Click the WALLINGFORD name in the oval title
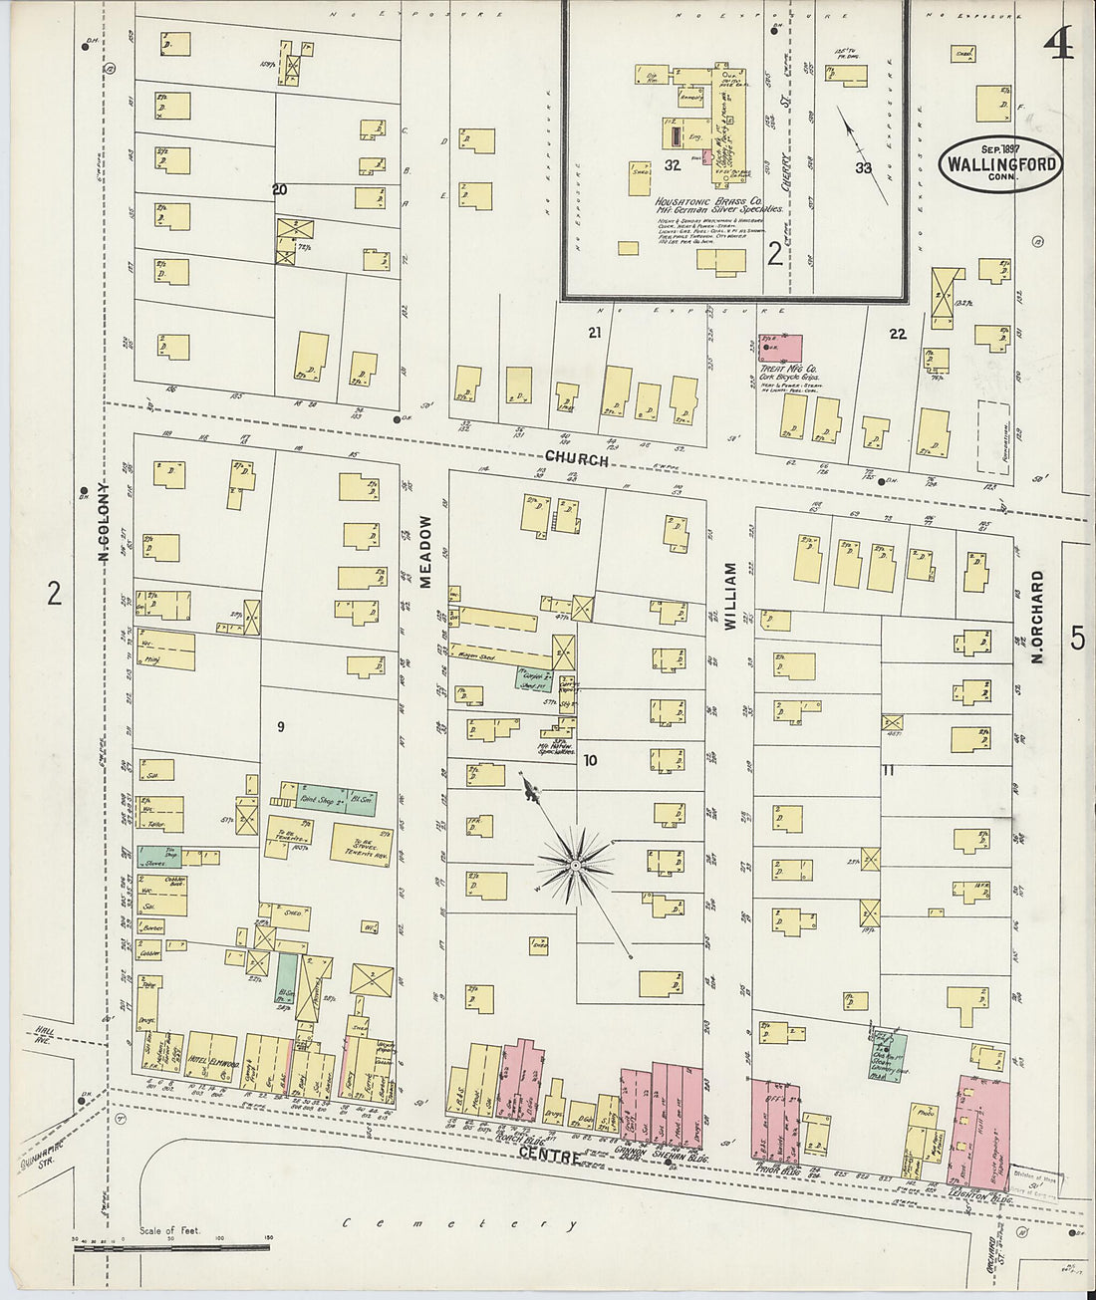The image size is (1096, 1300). [1000, 165]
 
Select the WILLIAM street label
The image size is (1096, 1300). [730, 596]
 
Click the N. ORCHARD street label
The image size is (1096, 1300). [1037, 617]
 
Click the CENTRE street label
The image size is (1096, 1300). [550, 1153]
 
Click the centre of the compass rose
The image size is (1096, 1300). [575, 866]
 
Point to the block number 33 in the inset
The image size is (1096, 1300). [863, 168]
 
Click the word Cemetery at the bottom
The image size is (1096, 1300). [459, 1222]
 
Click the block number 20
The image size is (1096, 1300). [280, 188]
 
